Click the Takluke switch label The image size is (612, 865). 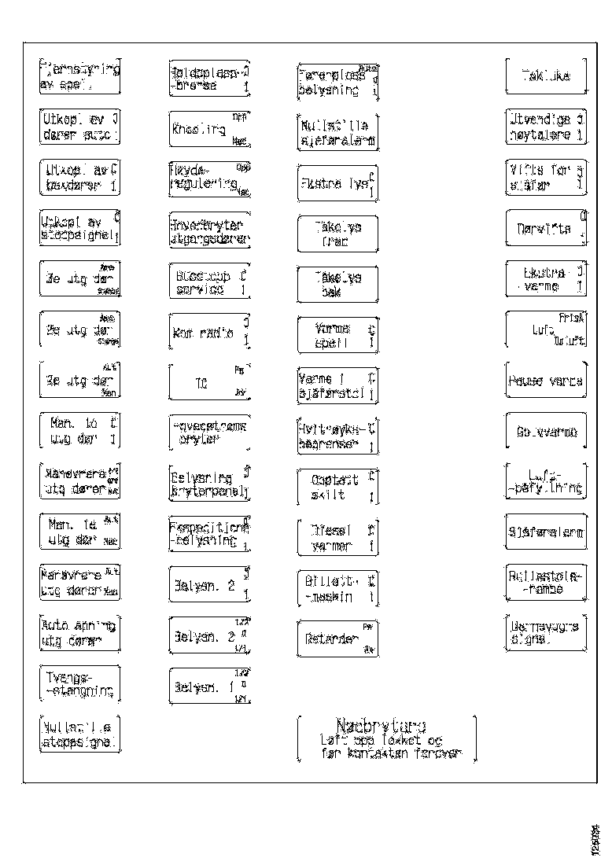(545, 75)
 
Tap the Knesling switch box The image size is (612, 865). (209, 130)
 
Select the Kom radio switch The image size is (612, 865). (209, 333)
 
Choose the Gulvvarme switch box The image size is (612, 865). (546, 432)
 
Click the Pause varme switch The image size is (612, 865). (546, 381)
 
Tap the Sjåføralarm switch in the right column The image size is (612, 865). (546, 533)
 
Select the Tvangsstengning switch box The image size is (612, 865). (80, 684)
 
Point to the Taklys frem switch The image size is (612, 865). (337, 234)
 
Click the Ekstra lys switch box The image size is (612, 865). (337, 182)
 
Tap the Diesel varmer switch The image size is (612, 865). (337, 537)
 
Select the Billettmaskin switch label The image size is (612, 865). (337, 588)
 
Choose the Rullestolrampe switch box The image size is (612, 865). (546, 583)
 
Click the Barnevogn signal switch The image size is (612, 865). (546, 633)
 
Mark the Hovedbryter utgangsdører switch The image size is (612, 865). (209, 230)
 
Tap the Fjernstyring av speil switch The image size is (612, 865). (80, 77)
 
